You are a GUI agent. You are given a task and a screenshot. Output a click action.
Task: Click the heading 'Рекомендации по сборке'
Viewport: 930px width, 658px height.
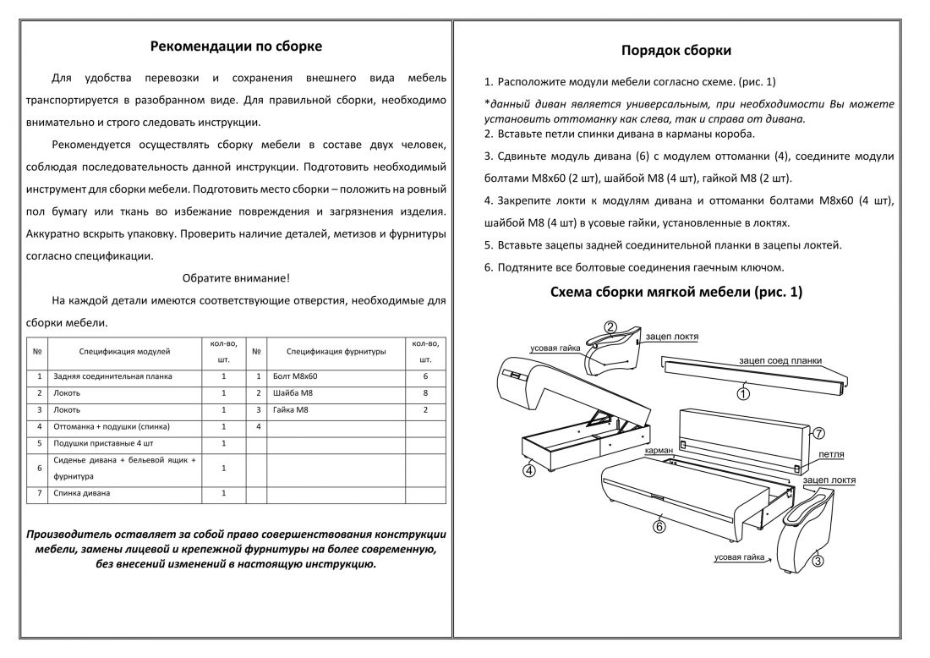[236, 47]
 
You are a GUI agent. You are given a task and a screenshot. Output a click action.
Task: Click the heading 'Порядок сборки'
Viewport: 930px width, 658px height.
[676, 51]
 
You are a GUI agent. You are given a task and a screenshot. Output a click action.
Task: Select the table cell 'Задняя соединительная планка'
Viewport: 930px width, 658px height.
[112, 376]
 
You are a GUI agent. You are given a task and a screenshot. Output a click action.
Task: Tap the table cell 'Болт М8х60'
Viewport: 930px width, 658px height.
[296, 376]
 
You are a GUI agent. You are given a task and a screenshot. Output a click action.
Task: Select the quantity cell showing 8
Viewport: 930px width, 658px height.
[425, 393]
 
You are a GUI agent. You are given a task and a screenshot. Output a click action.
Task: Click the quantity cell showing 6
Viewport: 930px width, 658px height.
[425, 376]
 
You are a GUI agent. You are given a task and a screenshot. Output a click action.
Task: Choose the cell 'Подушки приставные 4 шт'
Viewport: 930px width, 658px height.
[103, 443]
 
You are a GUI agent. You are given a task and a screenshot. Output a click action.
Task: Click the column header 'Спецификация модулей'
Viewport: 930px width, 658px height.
[125, 350]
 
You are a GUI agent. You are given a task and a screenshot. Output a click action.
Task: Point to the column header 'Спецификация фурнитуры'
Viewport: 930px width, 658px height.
[336, 350]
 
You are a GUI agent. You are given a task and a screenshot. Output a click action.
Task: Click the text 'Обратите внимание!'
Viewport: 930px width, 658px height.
[236, 278]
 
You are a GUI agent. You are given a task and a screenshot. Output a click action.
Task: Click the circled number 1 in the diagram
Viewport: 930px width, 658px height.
[743, 393]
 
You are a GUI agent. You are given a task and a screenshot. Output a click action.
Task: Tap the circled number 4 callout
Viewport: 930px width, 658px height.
[528, 470]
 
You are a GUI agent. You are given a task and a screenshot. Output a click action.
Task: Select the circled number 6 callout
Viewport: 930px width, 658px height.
[659, 527]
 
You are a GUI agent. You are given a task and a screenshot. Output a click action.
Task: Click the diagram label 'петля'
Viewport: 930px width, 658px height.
[832, 454]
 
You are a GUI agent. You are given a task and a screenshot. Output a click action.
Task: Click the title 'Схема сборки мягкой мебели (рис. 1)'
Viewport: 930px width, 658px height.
[676, 293]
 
